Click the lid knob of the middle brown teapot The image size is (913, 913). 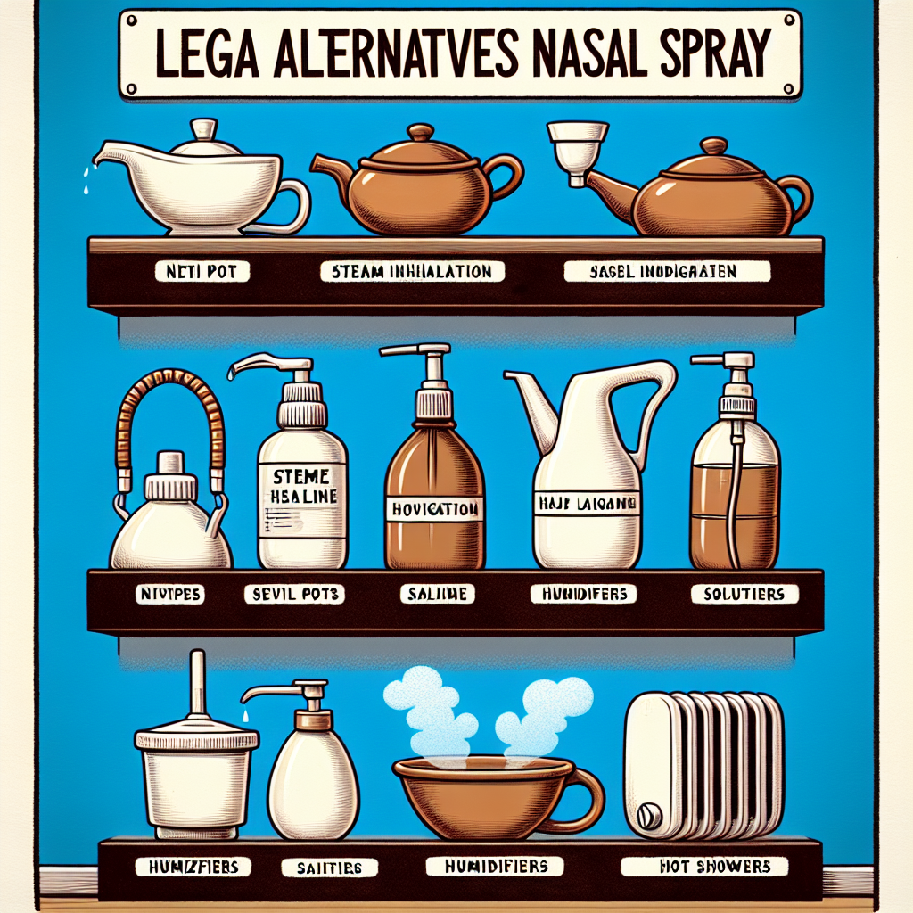click(x=421, y=132)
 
